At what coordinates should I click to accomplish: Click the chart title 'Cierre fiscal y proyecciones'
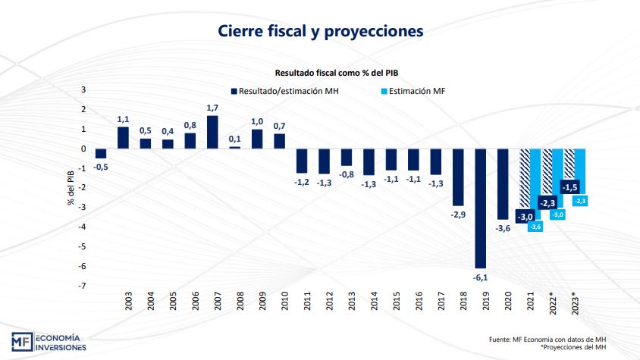pyautogui.click(x=320, y=31)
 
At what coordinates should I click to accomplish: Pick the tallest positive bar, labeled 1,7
pyautogui.click(x=212, y=132)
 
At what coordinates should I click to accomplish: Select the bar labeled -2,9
pyautogui.click(x=458, y=177)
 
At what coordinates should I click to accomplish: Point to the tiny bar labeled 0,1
pyautogui.click(x=234, y=147)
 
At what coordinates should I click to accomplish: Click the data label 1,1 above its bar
pyautogui.click(x=124, y=119)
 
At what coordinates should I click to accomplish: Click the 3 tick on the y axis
pyautogui.click(x=83, y=89)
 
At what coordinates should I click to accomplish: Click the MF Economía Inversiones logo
pyautogui.click(x=49, y=342)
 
